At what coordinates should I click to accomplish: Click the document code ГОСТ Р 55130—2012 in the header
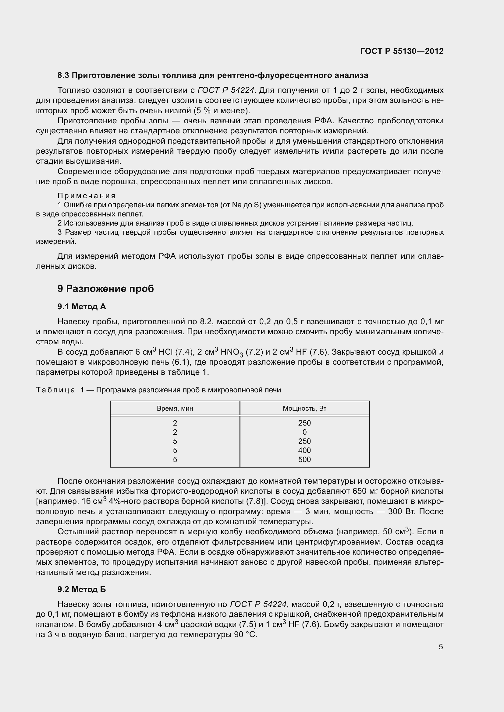(x=402, y=51)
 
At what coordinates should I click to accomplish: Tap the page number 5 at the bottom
(x=441, y=647)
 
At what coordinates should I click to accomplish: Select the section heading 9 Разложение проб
(x=105, y=289)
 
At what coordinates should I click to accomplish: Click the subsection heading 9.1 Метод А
(x=82, y=307)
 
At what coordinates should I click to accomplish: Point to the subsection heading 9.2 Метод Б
(x=82, y=589)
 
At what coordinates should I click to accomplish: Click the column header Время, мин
(x=175, y=409)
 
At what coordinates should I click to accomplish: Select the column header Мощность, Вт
(x=304, y=409)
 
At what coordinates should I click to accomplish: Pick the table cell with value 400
(x=304, y=450)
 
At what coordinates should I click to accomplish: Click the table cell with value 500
(x=304, y=460)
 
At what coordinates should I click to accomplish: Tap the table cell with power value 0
(x=304, y=432)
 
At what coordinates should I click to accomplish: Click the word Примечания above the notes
(x=87, y=196)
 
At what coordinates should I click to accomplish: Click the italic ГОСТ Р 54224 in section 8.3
(x=226, y=90)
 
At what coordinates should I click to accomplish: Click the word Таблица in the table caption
(x=55, y=390)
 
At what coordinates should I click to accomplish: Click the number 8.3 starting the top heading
(x=63, y=75)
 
